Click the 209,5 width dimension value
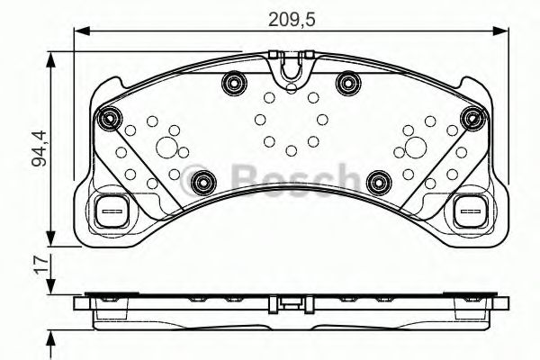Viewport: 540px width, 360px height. tap(289, 15)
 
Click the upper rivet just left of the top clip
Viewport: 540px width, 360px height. tap(234, 85)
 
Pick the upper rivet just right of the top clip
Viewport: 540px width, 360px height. tap(346, 85)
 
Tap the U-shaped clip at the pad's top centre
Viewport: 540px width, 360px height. tap(290, 67)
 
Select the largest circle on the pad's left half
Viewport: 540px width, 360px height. tap(166, 148)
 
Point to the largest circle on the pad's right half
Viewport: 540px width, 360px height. tap(414, 148)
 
